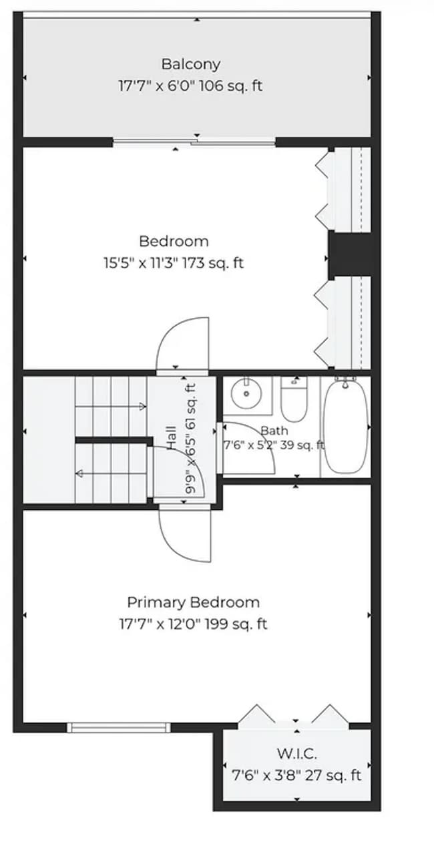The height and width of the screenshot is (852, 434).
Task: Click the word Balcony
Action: (190, 64)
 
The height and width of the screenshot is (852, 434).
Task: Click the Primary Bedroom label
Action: (193, 602)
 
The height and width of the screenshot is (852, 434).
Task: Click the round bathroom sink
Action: (246, 394)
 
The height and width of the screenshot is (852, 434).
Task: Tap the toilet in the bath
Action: (294, 399)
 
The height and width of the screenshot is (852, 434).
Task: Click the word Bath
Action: (274, 431)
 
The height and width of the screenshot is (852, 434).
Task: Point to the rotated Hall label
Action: (171, 437)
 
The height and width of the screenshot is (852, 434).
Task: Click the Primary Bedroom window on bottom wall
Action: (119, 728)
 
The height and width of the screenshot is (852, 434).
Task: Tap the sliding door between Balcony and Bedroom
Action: (194, 143)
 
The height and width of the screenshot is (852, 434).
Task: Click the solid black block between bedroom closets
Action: (350, 255)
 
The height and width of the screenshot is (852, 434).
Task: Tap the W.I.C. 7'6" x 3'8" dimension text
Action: (265, 775)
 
